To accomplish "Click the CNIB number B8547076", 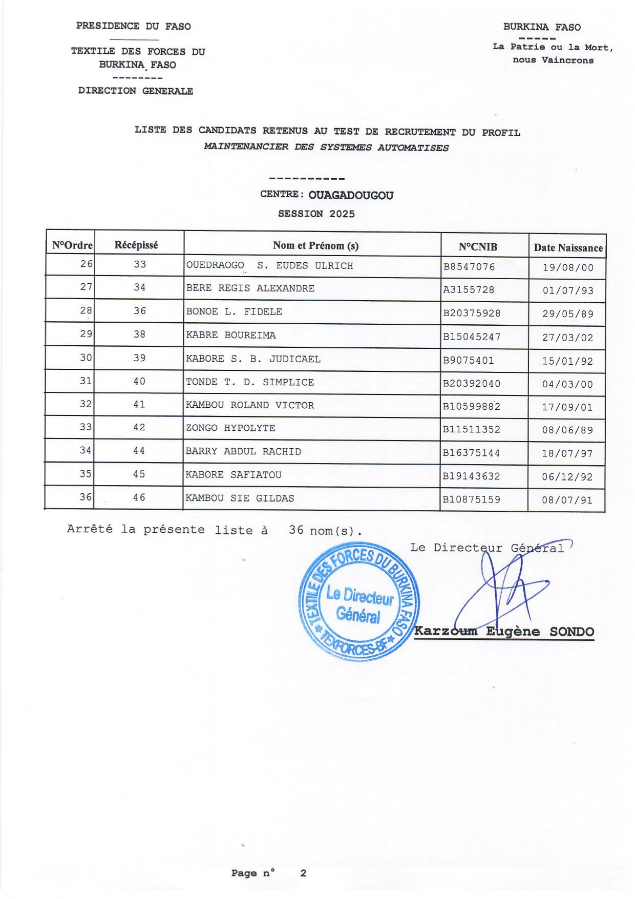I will (469, 267).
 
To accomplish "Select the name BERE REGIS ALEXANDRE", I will (250, 288).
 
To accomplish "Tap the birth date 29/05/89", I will (567, 314).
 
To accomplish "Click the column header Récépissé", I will (136, 245).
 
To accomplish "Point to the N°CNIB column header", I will (478, 247).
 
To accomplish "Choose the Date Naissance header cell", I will (568, 248).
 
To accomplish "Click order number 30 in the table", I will (86, 358).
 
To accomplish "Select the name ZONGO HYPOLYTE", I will (230, 428).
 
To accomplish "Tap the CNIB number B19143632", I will (471, 476).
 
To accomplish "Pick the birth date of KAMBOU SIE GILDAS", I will (567, 500).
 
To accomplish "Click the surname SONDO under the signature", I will (571, 632).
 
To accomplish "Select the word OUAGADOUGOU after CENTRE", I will (351, 196).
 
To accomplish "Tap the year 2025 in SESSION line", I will (342, 214).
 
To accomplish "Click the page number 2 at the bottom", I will (303, 873).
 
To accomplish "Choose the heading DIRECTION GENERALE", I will (136, 91).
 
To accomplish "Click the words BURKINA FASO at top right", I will (542, 27).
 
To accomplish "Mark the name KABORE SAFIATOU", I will (234, 475).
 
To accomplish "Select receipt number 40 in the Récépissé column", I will (139, 381).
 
